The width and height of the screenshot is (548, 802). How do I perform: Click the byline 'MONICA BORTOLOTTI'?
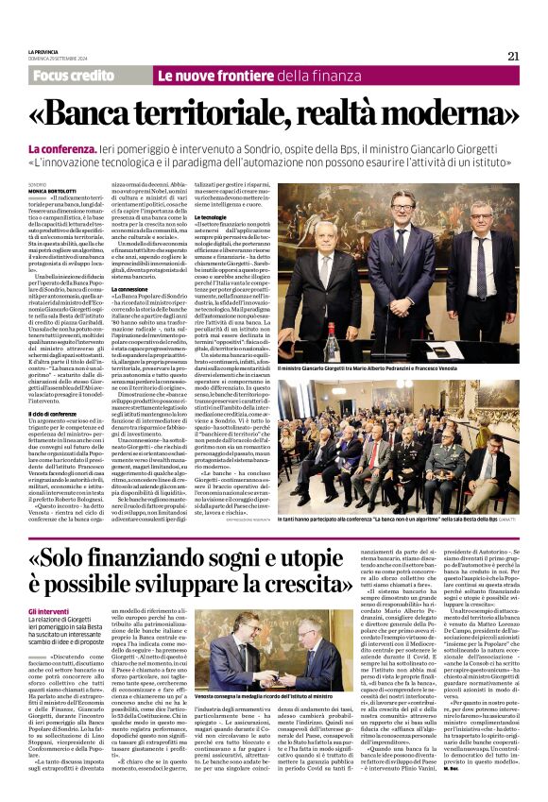click(53, 191)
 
